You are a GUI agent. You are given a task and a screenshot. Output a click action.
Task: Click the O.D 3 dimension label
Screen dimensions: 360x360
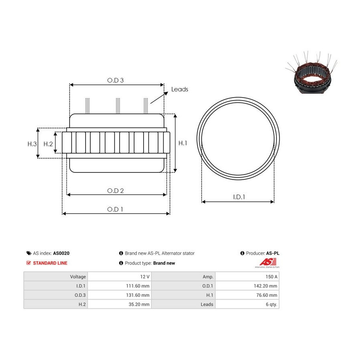coord(115,80)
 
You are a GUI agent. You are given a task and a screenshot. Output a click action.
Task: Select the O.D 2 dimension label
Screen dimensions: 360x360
coord(115,190)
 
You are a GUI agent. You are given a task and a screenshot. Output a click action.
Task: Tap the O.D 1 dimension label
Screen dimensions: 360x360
coord(115,209)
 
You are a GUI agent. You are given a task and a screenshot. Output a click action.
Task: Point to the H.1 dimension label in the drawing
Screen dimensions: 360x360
coord(183,143)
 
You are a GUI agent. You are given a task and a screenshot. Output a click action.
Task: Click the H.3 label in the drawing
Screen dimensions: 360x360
coord(32,144)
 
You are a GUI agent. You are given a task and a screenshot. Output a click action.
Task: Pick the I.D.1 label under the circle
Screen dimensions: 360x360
coord(239,197)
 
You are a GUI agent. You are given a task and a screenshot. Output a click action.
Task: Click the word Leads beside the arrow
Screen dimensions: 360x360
coord(180,89)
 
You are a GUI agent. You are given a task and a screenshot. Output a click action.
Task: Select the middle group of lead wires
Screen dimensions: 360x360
coord(118,106)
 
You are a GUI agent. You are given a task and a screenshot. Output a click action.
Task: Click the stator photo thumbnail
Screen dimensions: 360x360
coord(312,73)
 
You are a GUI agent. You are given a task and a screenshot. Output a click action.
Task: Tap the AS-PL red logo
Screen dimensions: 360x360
coord(268,263)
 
